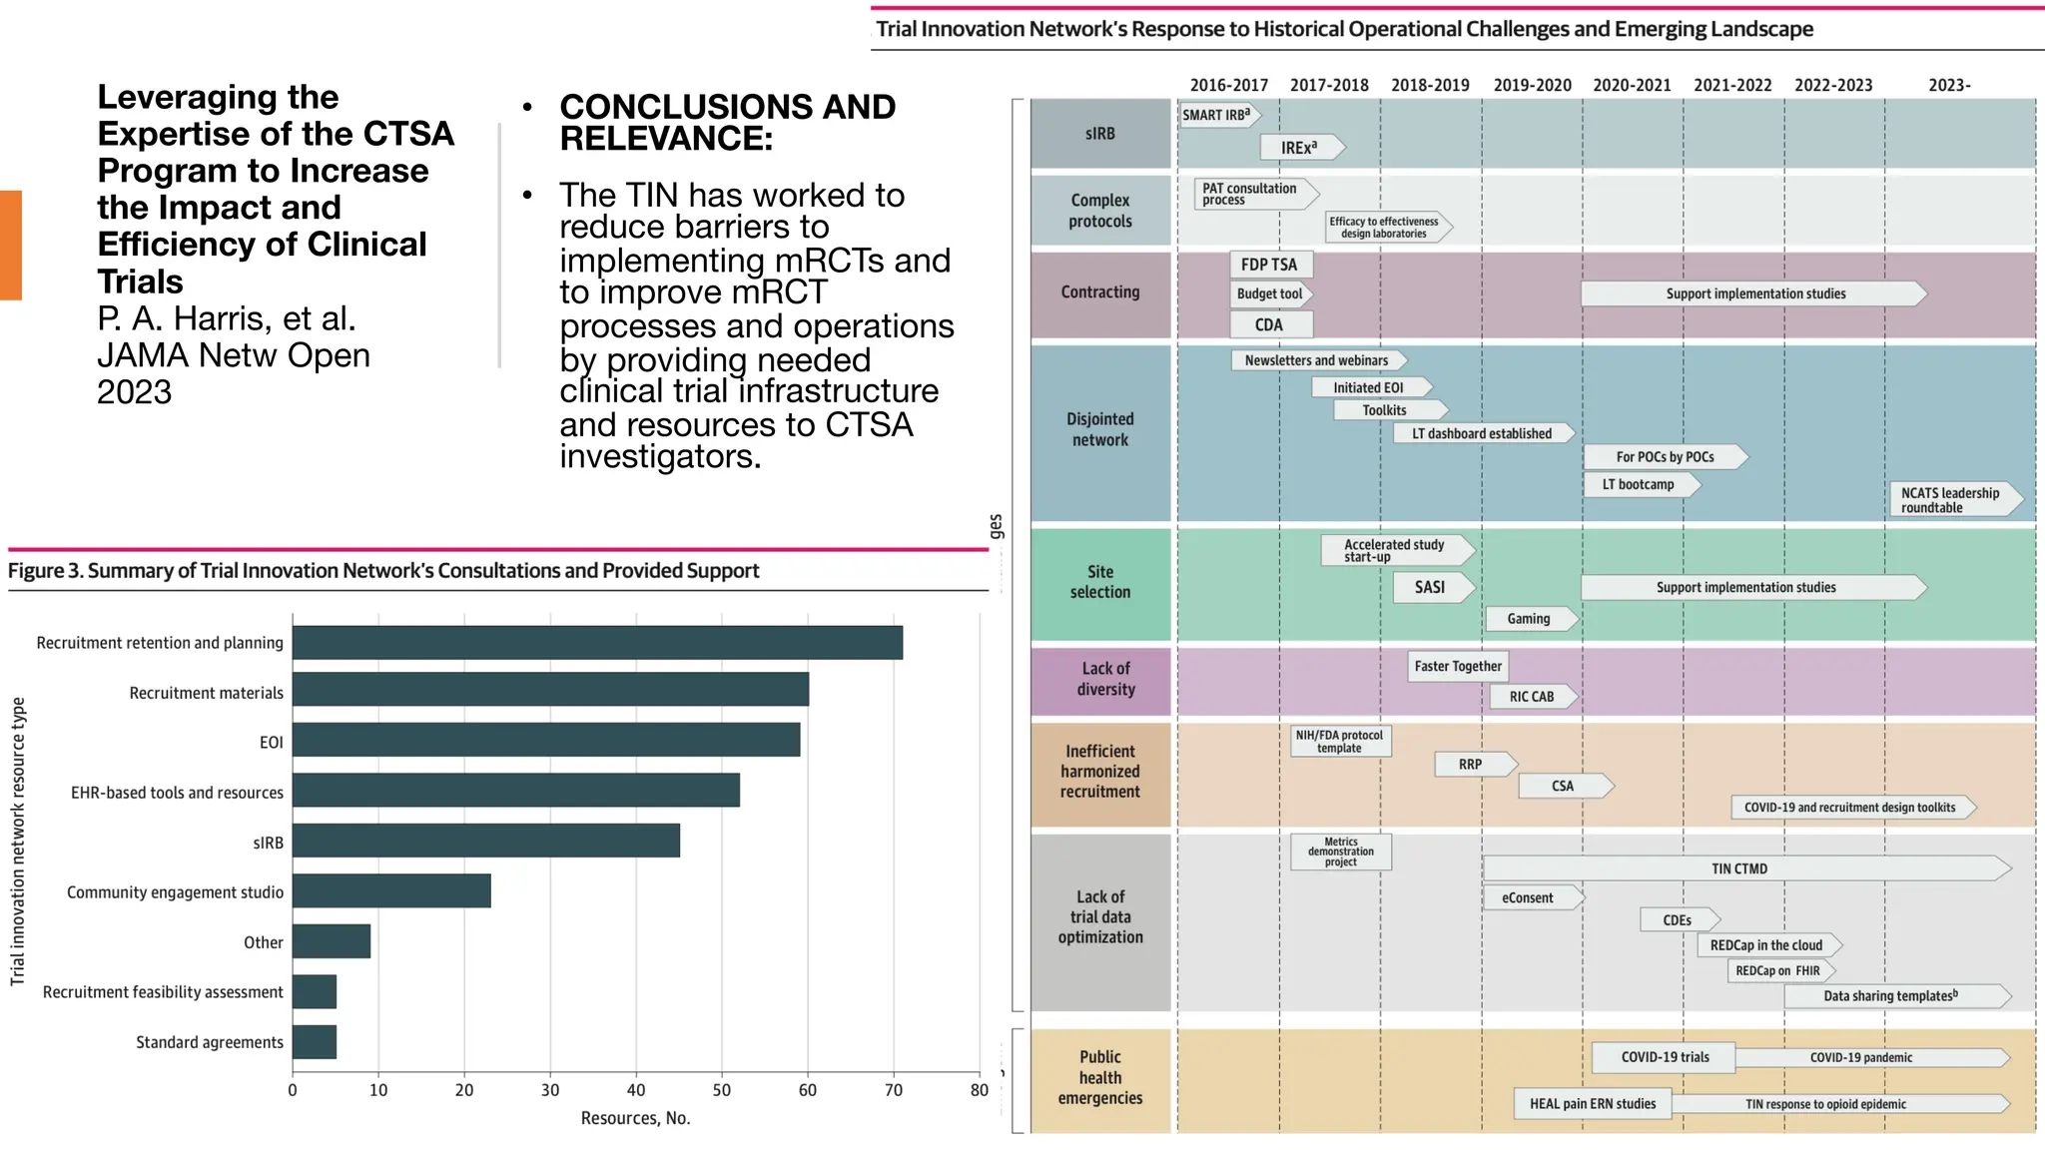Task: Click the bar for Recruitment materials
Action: pos(550,690)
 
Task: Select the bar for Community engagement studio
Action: pos(391,890)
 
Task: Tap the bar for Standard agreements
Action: pos(315,1042)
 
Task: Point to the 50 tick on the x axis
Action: pos(722,1090)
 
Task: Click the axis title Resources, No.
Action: pos(635,1118)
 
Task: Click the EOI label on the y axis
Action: pos(272,743)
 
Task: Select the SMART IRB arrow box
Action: pos(1216,115)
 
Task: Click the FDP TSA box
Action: pos(1269,265)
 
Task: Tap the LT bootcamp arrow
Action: pos(1640,485)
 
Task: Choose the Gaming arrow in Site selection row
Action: pos(1530,619)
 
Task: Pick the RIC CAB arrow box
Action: pos(1532,697)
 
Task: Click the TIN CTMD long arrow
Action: pos(1739,868)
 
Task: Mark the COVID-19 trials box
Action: pos(1664,1057)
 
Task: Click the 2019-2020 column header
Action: pos(1532,86)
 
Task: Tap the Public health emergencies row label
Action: pos(1100,1078)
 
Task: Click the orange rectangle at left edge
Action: pos(11,246)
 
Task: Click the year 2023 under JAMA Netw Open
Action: pos(135,392)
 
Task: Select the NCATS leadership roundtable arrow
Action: pos(1951,500)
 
